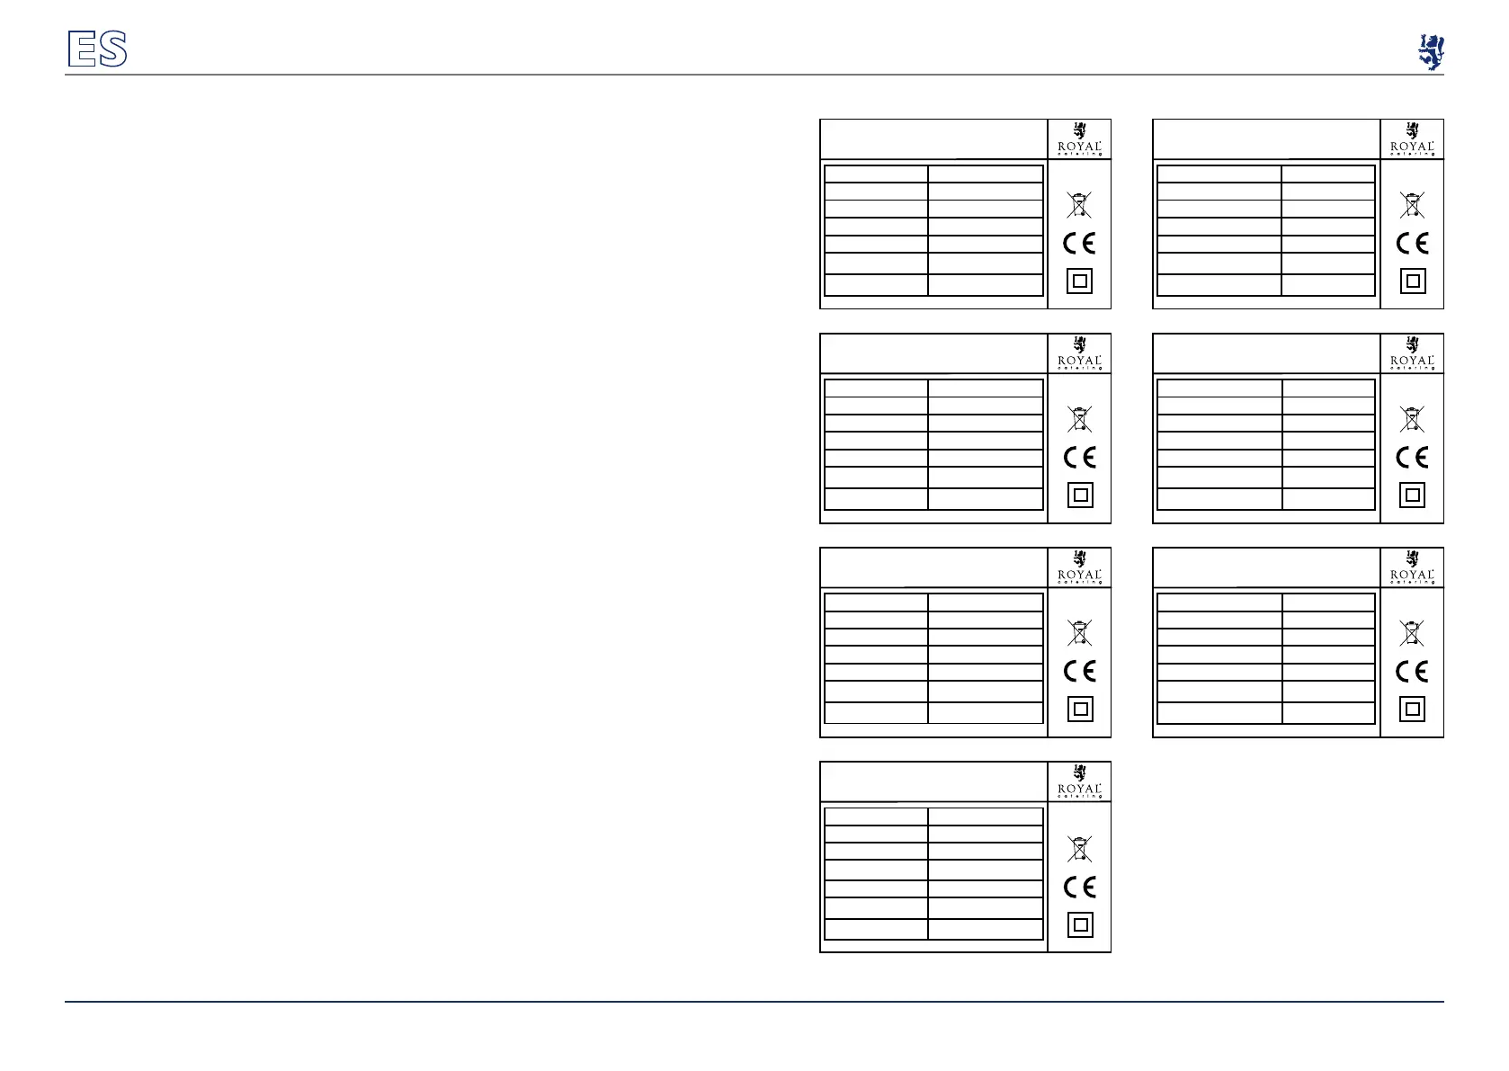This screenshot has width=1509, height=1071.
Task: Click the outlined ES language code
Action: [x=97, y=49]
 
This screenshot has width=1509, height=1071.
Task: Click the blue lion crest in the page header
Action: [x=1430, y=52]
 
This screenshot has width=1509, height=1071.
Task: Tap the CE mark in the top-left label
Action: [x=1079, y=244]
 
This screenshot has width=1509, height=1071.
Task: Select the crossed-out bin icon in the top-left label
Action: [x=1079, y=205]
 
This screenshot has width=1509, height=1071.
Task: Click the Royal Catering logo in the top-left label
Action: [x=1079, y=139]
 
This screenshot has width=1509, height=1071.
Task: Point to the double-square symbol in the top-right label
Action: [x=1413, y=281]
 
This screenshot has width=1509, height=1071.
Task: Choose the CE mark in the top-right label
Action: [x=1412, y=244]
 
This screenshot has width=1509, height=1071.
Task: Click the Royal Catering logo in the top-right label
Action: [x=1412, y=139]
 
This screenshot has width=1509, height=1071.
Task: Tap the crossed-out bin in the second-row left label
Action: [x=1079, y=419]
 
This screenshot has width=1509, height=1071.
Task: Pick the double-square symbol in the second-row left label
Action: [x=1080, y=495]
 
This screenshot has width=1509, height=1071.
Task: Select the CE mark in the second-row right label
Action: [x=1412, y=458]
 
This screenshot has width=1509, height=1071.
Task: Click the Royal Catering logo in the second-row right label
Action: [x=1412, y=353]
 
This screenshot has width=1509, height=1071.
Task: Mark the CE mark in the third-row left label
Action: [x=1079, y=672]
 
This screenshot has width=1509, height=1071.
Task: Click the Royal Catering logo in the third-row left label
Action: [x=1079, y=567]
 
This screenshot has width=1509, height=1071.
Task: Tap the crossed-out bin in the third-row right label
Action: [x=1412, y=633]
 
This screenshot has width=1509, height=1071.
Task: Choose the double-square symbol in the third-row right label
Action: [x=1413, y=710]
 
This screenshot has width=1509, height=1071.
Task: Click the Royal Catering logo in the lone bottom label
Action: [x=1079, y=782]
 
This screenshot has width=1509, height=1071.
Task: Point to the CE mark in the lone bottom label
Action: [x=1079, y=888]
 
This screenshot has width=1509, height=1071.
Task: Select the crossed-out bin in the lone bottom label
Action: [x=1079, y=848]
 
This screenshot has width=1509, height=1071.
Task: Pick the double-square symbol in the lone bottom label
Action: [x=1080, y=924]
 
